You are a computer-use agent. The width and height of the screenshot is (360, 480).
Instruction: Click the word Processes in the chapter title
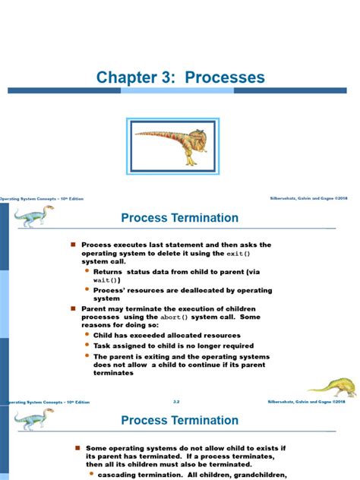pos(225,77)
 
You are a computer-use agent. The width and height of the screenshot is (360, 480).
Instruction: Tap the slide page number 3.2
pos(176,400)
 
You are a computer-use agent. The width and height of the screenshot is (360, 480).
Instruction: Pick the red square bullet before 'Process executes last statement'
pos(74,245)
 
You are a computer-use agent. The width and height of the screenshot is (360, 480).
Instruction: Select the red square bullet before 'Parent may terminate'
pos(74,309)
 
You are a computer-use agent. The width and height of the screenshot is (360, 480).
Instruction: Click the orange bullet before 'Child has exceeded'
pos(87,335)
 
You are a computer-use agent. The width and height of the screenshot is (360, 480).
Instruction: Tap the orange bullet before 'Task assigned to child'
pos(87,345)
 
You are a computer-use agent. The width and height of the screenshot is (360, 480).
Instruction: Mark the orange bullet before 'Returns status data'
pos(87,270)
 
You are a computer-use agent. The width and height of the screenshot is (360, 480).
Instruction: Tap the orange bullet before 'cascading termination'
pos(90,475)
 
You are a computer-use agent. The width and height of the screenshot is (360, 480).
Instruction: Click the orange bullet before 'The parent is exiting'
pos(87,355)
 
